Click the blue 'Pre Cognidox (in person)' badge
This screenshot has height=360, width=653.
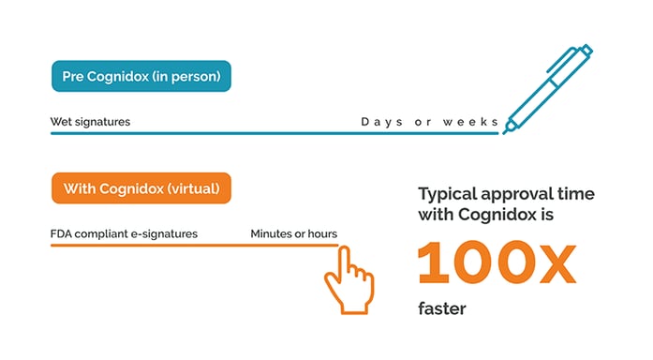[x=141, y=75]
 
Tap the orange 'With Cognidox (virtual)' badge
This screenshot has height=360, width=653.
[x=141, y=188]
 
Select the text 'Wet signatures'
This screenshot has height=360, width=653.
[x=90, y=122]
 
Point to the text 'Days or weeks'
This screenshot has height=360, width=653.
[x=429, y=122]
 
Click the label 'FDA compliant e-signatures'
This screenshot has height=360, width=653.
[x=124, y=233]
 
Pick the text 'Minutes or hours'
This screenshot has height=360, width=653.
[x=293, y=233]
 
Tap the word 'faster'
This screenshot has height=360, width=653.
[x=441, y=308]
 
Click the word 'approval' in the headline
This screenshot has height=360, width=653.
[x=527, y=194]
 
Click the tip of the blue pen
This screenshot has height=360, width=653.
[x=506, y=130]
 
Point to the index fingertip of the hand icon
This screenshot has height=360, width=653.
[x=343, y=250]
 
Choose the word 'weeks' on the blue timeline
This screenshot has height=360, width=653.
[x=473, y=122]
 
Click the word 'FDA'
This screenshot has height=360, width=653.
[x=63, y=233]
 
